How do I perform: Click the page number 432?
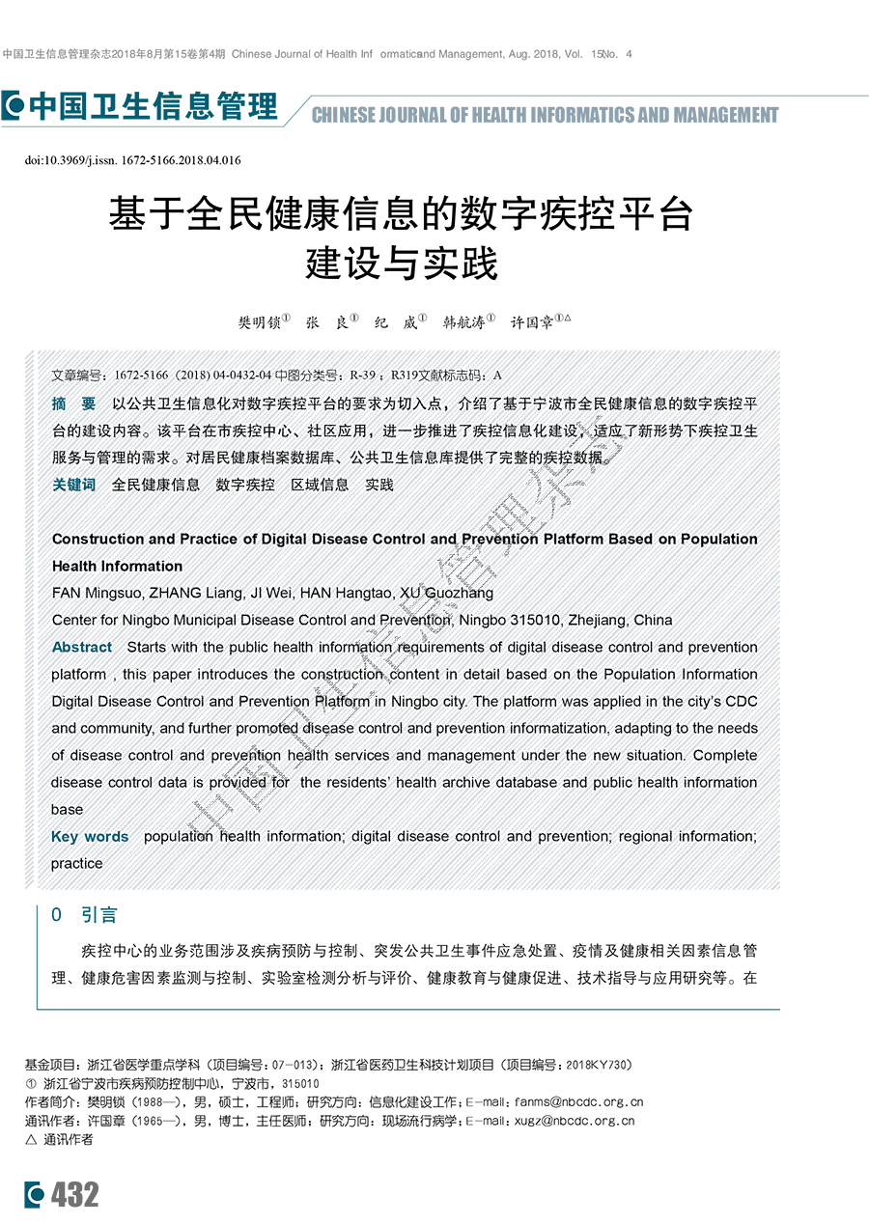coord(74,1196)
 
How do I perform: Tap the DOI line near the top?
coord(132,160)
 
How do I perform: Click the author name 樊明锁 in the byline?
coord(259,323)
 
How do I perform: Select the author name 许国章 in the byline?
coord(530,323)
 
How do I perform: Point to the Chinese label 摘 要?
coord(73,403)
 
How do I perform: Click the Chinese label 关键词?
coord(73,485)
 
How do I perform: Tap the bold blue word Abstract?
coord(82,647)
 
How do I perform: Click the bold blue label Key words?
coord(90,836)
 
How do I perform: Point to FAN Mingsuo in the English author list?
coord(95,593)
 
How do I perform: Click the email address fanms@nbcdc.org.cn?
coord(578,1101)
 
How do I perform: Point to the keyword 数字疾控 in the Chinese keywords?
coord(245,485)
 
